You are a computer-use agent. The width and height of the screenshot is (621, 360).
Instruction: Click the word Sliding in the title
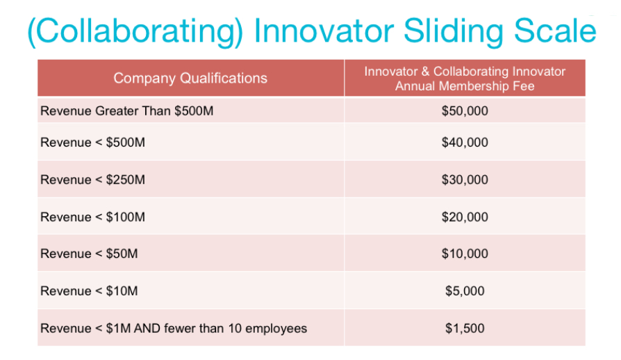coord(454,32)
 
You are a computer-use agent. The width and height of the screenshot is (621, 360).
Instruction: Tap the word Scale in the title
coord(555,30)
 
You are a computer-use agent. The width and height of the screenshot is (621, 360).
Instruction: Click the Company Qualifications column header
coord(190,78)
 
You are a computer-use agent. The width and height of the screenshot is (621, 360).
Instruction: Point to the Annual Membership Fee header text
coord(465,86)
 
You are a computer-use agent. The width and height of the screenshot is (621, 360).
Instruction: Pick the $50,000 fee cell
coord(465,111)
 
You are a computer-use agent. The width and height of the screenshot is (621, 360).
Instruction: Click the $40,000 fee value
coord(465,142)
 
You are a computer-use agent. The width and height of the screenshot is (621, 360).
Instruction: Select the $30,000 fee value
coord(465,179)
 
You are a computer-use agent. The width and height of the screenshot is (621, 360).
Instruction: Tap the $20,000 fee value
coord(465,217)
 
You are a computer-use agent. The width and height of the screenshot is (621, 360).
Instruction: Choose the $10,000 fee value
coord(465,254)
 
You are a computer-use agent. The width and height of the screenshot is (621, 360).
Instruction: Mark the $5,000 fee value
coord(465,291)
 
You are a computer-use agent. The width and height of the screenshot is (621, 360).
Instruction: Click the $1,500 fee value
coord(465,328)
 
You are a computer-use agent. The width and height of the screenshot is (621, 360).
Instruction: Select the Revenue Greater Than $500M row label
coord(126,111)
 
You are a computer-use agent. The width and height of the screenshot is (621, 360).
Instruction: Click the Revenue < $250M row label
coord(92,179)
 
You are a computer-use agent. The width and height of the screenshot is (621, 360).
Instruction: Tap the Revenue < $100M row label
coord(92,217)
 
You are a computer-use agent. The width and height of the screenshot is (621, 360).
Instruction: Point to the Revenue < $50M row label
coord(89,254)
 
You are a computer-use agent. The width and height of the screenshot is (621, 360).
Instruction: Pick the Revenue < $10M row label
coord(89,291)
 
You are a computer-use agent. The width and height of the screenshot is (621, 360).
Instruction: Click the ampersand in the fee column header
coord(425,72)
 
